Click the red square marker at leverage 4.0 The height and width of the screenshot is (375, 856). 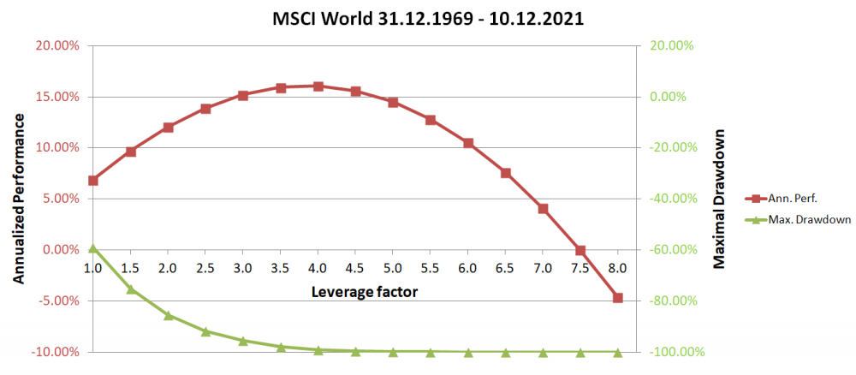(x=318, y=86)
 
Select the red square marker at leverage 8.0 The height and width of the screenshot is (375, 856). (x=617, y=298)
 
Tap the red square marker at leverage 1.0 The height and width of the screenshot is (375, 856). (x=93, y=181)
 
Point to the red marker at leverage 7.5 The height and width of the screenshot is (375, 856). (x=580, y=251)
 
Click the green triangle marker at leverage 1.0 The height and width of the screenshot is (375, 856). (x=93, y=248)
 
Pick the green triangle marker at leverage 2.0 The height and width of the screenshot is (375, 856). (x=169, y=315)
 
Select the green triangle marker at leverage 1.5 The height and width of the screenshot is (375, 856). (x=131, y=289)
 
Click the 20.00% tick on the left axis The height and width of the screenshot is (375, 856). (x=55, y=45)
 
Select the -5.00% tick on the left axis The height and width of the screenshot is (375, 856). (x=56, y=301)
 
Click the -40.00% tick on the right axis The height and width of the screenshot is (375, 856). (x=676, y=199)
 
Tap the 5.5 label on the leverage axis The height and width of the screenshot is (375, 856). (x=431, y=269)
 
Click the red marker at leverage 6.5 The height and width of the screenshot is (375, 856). (x=505, y=173)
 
